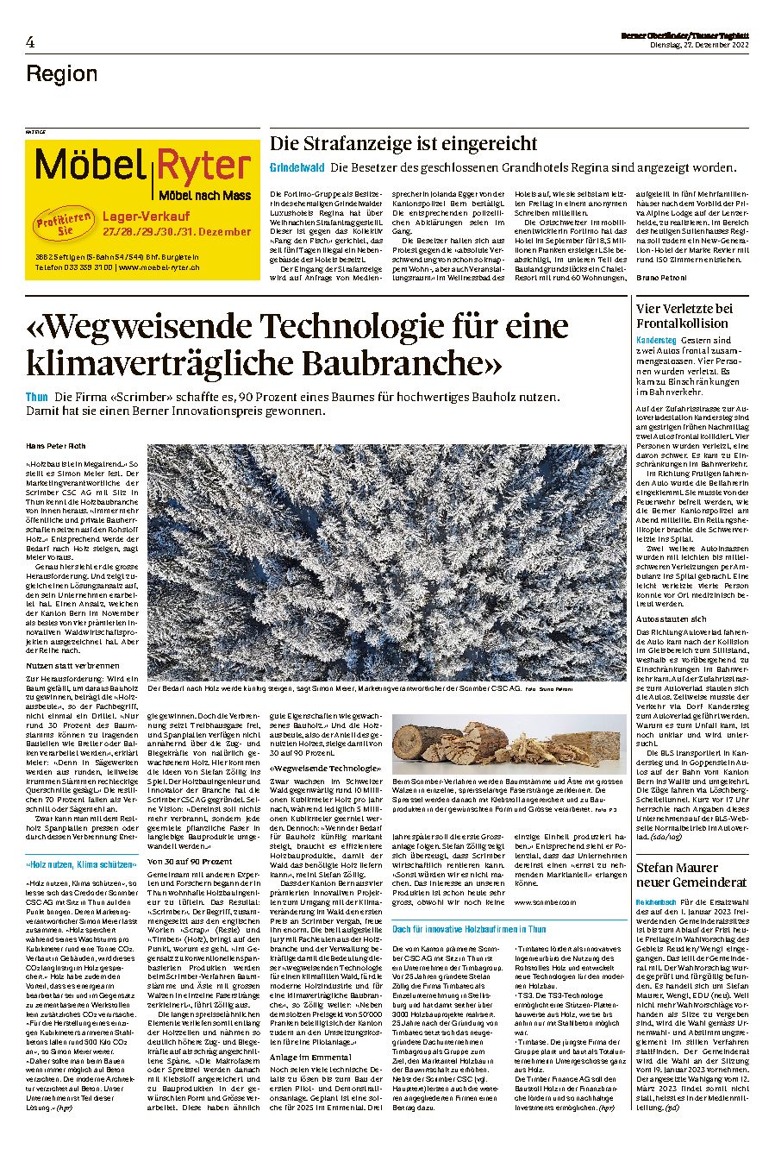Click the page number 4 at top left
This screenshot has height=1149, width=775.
point(30,41)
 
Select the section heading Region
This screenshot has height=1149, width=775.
point(62,73)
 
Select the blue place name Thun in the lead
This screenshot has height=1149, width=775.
point(37,397)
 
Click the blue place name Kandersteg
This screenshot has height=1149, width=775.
point(655,340)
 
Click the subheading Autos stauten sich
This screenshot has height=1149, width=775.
point(672,618)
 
